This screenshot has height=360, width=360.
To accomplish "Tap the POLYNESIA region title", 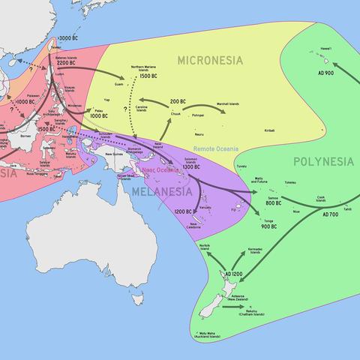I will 323,161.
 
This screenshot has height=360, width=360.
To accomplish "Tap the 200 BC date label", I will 178,101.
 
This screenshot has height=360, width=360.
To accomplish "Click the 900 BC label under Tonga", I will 270,226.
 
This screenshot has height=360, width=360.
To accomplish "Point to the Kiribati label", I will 268,130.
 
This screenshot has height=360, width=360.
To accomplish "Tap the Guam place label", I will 119,85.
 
